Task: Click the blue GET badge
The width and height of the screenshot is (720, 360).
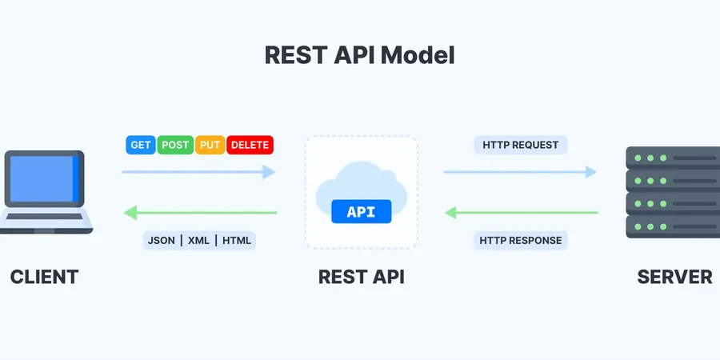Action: pos(141,145)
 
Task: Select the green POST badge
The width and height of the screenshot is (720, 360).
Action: pos(175,145)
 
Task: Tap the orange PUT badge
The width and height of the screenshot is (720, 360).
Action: pos(210,145)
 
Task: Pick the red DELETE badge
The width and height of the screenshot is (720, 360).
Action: pos(250,145)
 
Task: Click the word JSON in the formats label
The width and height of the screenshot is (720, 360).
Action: pos(161,241)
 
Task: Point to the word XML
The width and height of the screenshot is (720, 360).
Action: pos(199,241)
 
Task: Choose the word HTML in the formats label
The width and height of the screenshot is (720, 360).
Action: pos(237,241)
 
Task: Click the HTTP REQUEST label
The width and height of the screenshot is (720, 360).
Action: pos(521,145)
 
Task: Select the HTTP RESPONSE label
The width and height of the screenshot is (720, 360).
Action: pos(521,241)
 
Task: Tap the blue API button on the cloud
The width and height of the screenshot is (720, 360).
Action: pos(362,212)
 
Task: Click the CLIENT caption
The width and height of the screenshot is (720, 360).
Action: pos(45,277)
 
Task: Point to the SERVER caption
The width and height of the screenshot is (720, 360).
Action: pos(675,277)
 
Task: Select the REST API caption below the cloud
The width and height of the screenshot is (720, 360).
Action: pos(362,277)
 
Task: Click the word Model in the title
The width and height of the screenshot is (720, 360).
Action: pos(418,55)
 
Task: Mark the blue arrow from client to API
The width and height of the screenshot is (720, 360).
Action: pos(198,172)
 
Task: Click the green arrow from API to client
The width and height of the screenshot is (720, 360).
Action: pos(200,213)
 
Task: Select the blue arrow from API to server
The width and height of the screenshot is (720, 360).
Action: pos(520,172)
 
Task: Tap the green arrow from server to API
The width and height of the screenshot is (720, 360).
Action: pos(522,213)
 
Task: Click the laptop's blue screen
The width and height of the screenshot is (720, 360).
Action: pos(45,179)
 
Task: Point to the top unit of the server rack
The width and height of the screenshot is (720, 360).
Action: pos(673,158)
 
